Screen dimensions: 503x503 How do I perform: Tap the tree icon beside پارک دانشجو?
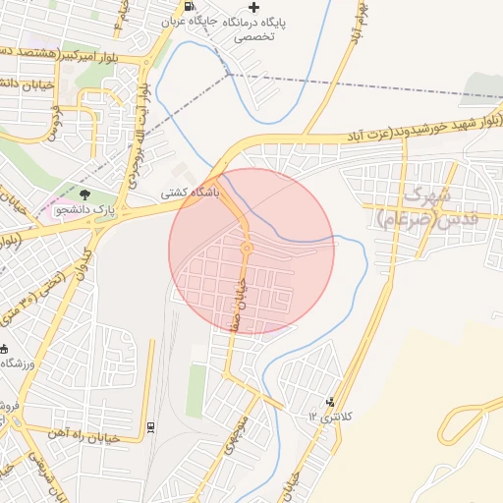tap(84, 195)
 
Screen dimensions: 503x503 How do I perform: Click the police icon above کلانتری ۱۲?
tap(329, 401)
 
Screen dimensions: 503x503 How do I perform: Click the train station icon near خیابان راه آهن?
tap(150, 427)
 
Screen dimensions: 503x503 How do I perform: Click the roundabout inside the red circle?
tap(247, 248)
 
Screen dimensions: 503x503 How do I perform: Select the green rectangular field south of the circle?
tap(197, 390)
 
